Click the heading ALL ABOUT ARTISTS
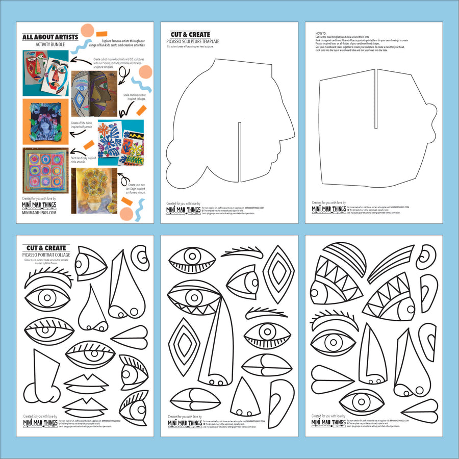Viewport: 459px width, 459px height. pyautogui.click(x=50, y=37)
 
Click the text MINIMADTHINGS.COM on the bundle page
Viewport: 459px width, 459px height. pyautogui.click(x=39, y=213)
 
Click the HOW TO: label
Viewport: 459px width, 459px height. pyautogui.click(x=321, y=32)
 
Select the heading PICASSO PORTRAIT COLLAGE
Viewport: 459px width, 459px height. pyautogui.click(x=52, y=254)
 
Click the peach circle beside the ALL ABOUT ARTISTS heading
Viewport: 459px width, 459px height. pyautogui.click(x=87, y=30)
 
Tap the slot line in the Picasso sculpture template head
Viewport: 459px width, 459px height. pyautogui.click(x=239, y=152)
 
